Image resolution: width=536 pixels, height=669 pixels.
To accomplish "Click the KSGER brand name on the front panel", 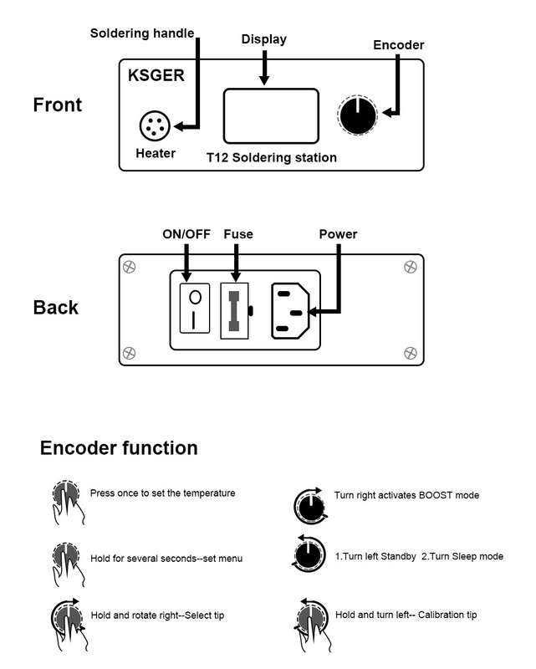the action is click(x=156, y=75).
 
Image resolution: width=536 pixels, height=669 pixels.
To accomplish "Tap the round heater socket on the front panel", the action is click(x=155, y=125).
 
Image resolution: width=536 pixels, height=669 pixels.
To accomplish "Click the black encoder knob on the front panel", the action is click(x=358, y=115).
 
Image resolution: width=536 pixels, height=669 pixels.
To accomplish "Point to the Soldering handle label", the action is click(x=142, y=33).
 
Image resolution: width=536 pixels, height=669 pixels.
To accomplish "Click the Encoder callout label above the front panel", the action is click(x=399, y=45).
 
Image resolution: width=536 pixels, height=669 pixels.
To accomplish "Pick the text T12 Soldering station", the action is click(x=272, y=157).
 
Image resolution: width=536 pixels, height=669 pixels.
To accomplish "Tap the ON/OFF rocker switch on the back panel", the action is click(x=195, y=308).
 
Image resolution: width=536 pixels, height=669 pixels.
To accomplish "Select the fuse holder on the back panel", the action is click(x=234, y=310).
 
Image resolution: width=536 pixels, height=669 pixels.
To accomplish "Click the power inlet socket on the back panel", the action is click(x=290, y=311).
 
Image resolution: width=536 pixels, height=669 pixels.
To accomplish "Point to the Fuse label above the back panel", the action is click(x=238, y=234).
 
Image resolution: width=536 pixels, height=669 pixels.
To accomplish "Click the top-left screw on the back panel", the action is click(x=130, y=267).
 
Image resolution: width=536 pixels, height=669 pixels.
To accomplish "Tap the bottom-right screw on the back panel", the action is click(x=410, y=353).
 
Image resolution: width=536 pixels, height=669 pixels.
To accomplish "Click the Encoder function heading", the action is click(x=119, y=448).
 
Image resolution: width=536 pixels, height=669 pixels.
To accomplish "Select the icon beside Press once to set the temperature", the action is click(x=68, y=502).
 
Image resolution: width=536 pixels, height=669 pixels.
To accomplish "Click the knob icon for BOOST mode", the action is click(x=311, y=506).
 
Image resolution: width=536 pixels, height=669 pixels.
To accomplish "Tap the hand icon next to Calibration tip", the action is click(x=312, y=625).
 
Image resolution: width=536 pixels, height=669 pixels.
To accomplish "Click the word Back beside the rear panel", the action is click(x=56, y=308).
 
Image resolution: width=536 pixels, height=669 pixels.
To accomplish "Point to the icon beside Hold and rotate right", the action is click(x=69, y=625).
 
